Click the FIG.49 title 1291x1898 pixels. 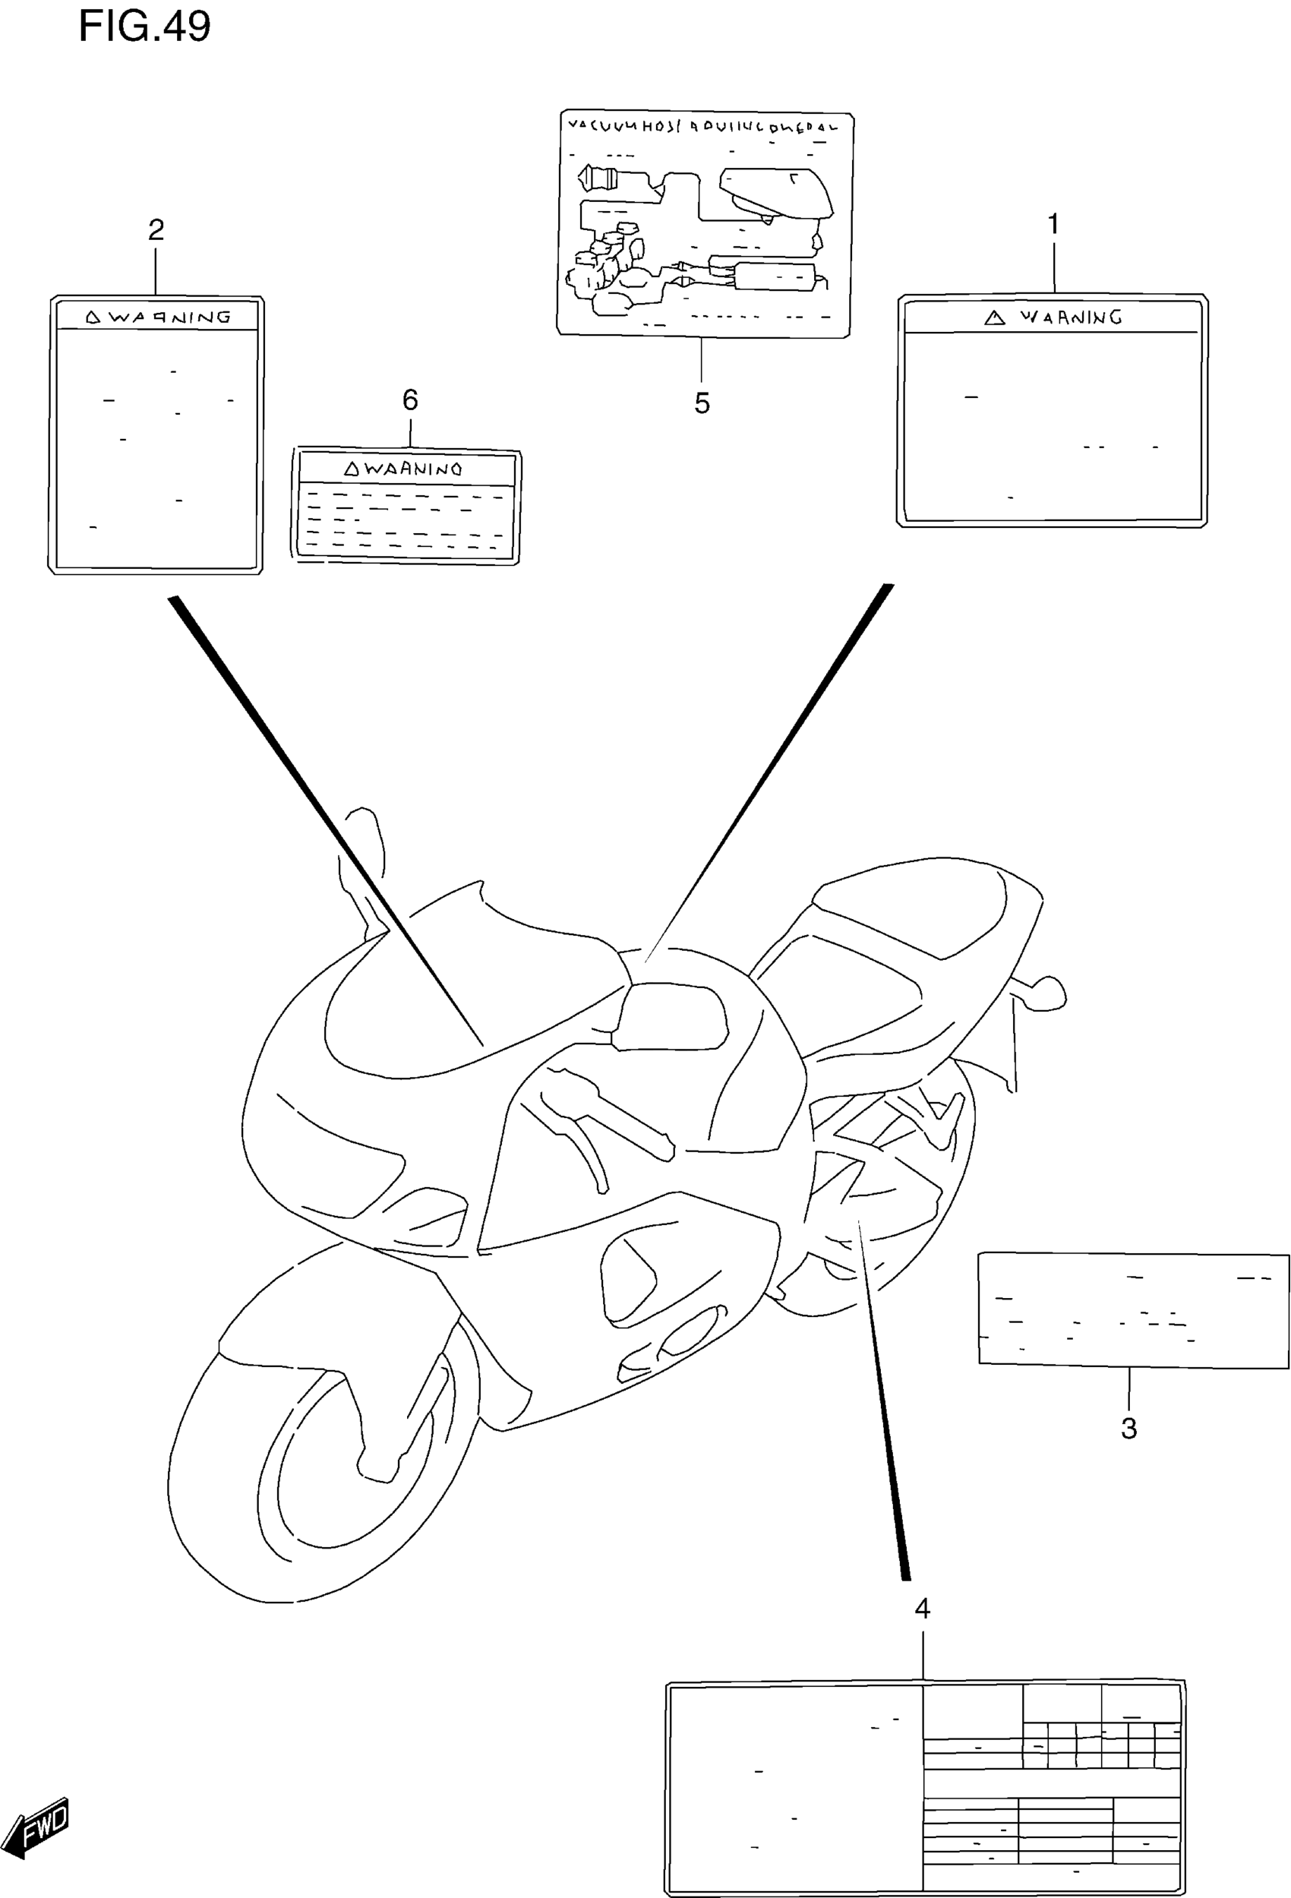[144, 26]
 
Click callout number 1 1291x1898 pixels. [1053, 224]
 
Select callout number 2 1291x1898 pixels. [156, 229]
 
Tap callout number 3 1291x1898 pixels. [1128, 1429]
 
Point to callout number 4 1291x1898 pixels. [922, 1609]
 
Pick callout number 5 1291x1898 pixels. [702, 403]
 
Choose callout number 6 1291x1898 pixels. [410, 399]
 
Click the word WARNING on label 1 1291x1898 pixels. [1072, 317]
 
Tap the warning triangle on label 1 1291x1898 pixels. [995, 317]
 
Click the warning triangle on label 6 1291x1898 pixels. [351, 469]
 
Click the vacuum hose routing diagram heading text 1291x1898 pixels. [702, 127]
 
